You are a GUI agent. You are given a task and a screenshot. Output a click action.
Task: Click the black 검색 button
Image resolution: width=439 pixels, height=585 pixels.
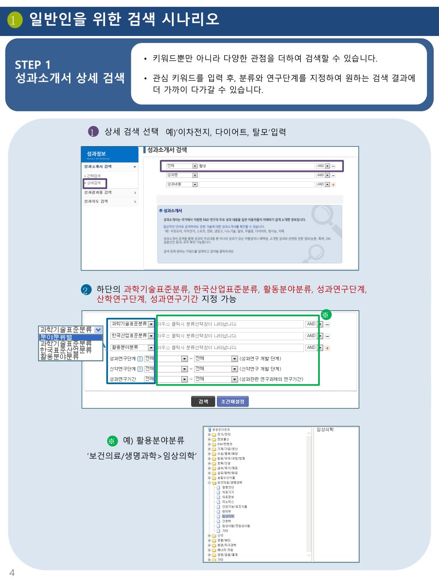point(203,402)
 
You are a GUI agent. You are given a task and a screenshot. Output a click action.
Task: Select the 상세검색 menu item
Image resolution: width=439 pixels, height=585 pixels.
point(94,183)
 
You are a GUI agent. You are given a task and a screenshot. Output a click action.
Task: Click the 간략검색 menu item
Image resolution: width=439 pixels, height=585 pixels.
point(93,176)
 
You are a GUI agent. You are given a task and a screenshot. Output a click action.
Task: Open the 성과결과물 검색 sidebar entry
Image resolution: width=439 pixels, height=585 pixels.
point(110,192)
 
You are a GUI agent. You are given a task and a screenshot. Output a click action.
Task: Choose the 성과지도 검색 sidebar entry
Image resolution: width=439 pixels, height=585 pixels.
point(110,201)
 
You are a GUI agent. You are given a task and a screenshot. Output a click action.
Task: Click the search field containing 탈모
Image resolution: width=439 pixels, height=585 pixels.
point(256,166)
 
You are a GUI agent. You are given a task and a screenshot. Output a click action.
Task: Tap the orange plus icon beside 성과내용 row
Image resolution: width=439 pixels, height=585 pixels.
point(333,185)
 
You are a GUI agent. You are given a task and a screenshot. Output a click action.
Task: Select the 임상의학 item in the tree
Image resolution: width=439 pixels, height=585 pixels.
point(228,516)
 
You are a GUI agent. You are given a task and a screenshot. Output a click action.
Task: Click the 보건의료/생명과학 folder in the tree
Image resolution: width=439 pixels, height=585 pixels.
point(229,483)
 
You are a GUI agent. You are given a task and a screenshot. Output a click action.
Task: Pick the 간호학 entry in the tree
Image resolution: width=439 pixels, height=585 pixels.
point(226,521)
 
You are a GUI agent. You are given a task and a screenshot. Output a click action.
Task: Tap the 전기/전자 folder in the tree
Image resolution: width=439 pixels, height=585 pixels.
point(224,434)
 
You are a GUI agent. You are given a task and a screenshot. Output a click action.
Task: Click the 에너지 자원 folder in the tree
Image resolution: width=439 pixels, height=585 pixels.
point(225,550)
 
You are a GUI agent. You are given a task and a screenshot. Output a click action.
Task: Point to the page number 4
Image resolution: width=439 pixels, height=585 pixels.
point(12,573)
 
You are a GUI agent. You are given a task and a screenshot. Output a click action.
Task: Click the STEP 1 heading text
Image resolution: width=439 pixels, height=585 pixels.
point(33,65)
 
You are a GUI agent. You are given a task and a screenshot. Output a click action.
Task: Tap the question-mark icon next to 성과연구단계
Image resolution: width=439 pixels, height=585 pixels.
point(140,359)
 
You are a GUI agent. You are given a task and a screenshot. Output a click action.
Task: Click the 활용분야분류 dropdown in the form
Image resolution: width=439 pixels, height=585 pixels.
point(132,348)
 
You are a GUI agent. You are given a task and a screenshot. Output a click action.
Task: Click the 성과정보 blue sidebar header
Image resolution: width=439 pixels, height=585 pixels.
point(96,153)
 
